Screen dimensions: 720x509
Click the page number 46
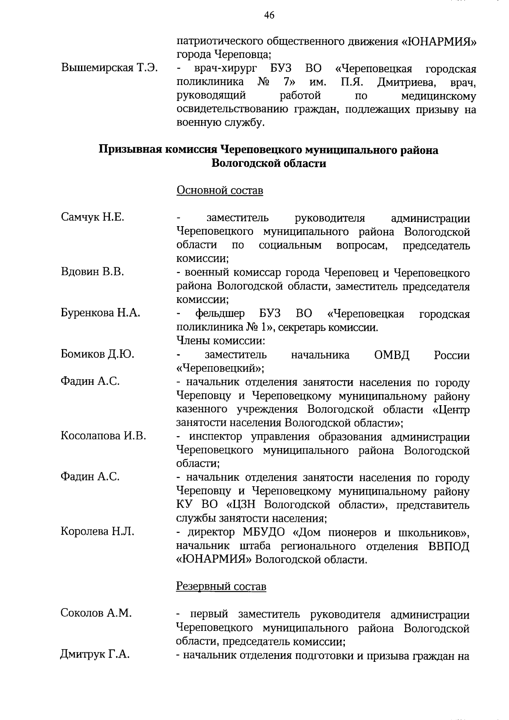[x=269, y=16]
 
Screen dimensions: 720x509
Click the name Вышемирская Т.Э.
[x=110, y=67]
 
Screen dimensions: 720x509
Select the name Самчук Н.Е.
[x=93, y=217]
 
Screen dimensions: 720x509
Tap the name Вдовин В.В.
[x=92, y=272]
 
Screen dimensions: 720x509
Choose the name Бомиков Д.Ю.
[x=98, y=354]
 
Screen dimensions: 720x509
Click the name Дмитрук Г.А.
[x=95, y=654]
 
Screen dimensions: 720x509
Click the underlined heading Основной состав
[x=220, y=191]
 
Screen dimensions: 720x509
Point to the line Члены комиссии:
[x=221, y=341]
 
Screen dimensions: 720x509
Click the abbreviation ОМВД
[x=392, y=355]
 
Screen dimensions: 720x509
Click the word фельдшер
[x=220, y=314]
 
